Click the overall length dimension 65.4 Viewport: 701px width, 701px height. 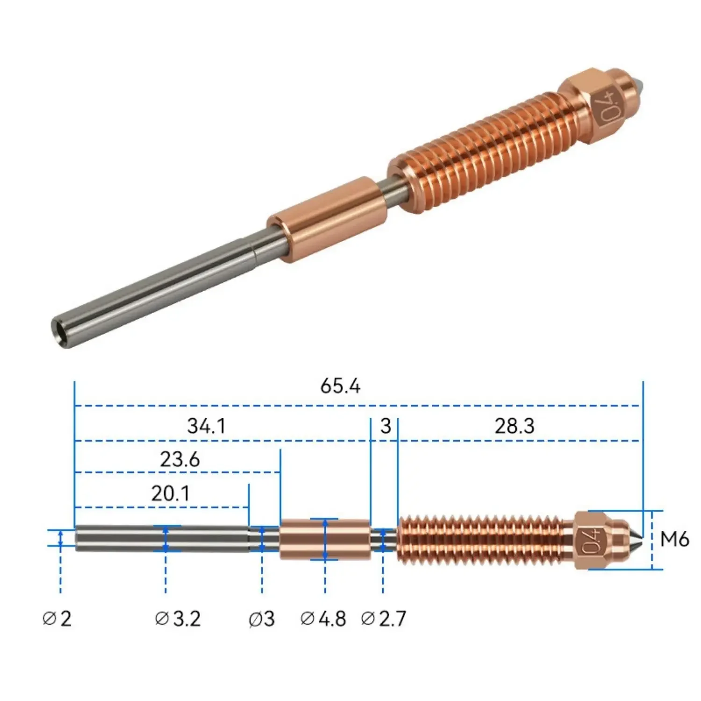pos(340,386)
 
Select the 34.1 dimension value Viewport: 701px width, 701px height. pos(206,426)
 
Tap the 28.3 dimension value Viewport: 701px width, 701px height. pos(514,426)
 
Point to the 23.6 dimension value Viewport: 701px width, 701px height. pos(180,459)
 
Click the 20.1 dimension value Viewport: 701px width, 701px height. pos(170,494)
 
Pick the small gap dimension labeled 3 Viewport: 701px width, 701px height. pos(385,426)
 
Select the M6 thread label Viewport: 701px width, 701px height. pos(674,539)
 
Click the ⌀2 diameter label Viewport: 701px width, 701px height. pos(57,619)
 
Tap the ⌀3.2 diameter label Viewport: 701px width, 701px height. pos(178,619)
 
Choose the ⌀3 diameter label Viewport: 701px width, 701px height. pos(262,619)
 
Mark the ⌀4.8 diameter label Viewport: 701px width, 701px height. pos(323,619)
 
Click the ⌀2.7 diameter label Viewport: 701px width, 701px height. pos(384,619)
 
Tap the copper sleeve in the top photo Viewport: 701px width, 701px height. pos(327,219)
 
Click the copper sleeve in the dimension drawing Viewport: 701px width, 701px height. pos(325,539)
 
